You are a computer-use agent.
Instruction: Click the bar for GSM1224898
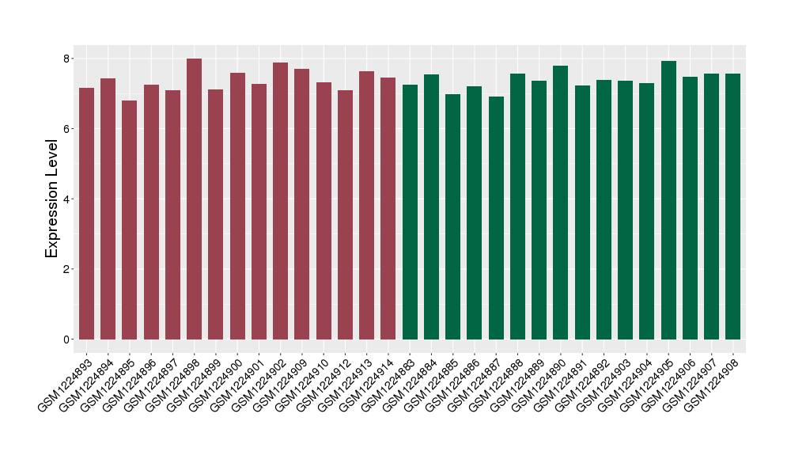194,199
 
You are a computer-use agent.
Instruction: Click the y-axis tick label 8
68,59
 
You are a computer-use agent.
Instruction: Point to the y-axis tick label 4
68,199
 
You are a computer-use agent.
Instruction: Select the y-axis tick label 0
68,340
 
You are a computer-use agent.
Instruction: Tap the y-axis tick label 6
68,129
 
